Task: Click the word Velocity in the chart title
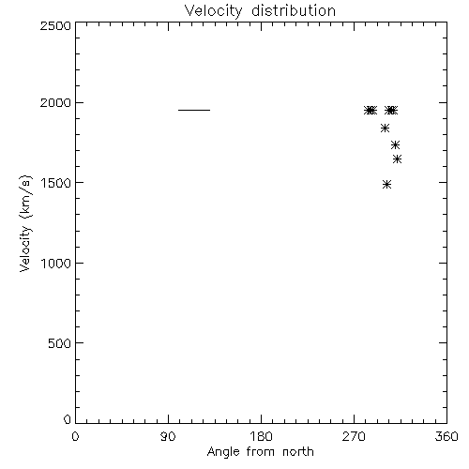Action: pyautogui.click(x=213, y=11)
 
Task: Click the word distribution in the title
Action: pyautogui.click(x=294, y=10)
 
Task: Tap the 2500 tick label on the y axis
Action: pyautogui.click(x=55, y=25)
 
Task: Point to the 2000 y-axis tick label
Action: pyautogui.click(x=55, y=102)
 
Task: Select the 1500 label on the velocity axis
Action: pyautogui.click(x=56, y=183)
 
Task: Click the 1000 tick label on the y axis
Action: pyautogui.click(x=56, y=263)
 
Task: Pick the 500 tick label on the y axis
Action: pyautogui.click(x=60, y=343)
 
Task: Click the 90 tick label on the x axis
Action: pyautogui.click(x=168, y=436)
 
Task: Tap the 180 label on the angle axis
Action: pyautogui.click(x=261, y=436)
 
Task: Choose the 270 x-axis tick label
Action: pyautogui.click(x=354, y=436)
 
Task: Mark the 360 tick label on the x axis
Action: pyautogui.click(x=446, y=436)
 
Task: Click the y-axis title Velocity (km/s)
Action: pyautogui.click(x=25, y=223)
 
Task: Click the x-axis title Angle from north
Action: pyautogui.click(x=261, y=452)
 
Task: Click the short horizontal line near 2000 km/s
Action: pyautogui.click(x=194, y=110)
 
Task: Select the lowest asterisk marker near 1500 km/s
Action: pyautogui.click(x=387, y=185)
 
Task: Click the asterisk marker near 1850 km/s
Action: pyautogui.click(x=386, y=129)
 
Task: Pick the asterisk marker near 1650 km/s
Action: pyautogui.click(x=397, y=159)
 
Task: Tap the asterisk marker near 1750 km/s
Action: pyautogui.click(x=396, y=145)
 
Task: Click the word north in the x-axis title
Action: pyautogui.click(x=298, y=451)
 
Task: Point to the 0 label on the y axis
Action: pyautogui.click(x=68, y=419)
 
